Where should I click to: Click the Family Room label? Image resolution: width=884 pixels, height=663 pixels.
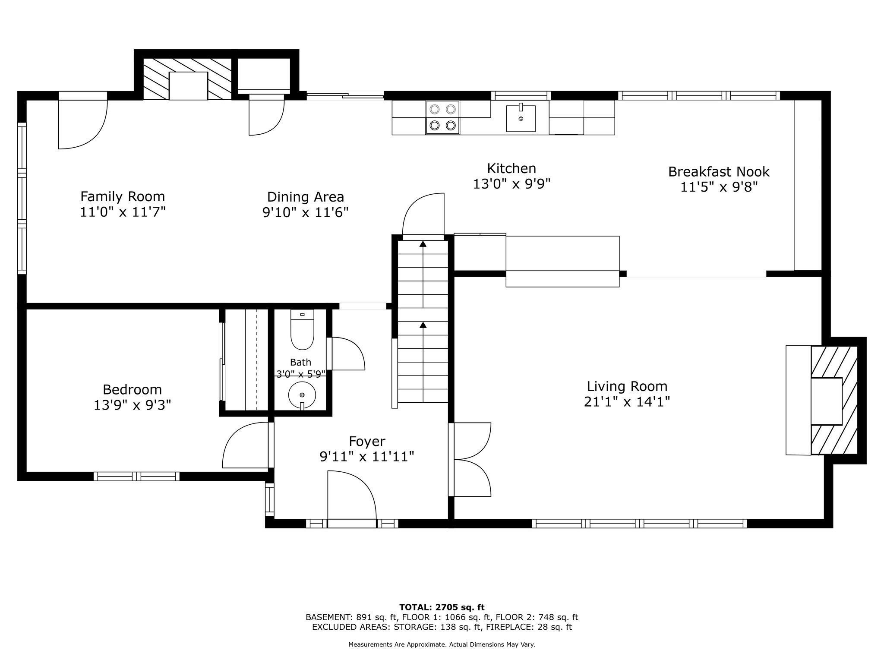click(123, 197)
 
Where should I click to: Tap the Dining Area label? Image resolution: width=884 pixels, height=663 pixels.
click(306, 197)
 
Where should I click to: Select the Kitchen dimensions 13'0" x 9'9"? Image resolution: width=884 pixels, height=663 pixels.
click(511, 184)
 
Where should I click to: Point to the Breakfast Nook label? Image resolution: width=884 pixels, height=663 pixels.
click(719, 172)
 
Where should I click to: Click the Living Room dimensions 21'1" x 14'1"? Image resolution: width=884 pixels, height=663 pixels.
click(627, 402)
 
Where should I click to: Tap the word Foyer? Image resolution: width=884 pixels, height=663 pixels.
click(367, 442)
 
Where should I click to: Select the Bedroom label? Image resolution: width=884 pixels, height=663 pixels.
click(132, 390)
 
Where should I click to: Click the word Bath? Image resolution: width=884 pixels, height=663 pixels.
click(300, 362)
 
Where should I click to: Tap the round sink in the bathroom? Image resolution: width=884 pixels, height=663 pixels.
click(302, 395)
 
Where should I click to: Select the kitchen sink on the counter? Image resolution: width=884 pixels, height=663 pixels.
click(521, 117)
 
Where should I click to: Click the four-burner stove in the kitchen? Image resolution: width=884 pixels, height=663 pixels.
click(443, 117)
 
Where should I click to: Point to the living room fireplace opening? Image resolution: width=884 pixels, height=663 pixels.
click(827, 401)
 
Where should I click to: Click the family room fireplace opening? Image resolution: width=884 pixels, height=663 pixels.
click(188, 86)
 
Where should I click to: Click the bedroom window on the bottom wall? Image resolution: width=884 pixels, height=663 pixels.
click(136, 476)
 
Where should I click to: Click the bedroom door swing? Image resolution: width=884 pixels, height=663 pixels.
click(245, 445)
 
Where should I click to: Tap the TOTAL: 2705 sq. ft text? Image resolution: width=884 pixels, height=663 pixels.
click(442, 608)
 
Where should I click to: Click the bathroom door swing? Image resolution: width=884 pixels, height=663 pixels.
click(348, 354)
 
